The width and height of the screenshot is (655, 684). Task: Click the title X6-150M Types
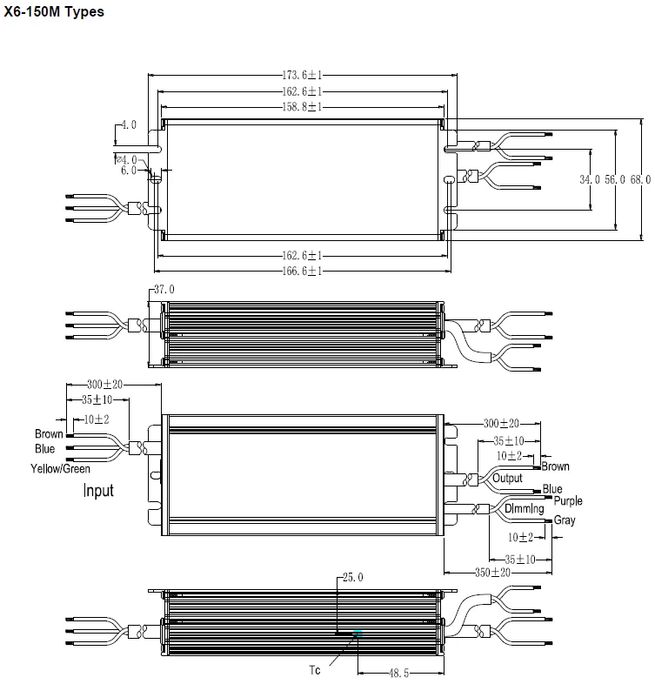(54, 12)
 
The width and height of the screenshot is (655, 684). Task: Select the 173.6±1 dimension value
(302, 77)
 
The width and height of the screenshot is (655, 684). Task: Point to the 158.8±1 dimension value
(302, 106)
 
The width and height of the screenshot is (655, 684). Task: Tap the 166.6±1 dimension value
(302, 271)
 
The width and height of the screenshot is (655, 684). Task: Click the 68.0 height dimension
(640, 179)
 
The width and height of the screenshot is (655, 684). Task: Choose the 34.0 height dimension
(590, 179)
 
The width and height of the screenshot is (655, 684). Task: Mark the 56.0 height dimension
(615, 179)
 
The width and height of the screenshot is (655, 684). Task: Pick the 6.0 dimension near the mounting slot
(129, 171)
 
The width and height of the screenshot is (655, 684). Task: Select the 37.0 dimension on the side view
(164, 289)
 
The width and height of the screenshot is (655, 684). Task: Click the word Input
(98, 491)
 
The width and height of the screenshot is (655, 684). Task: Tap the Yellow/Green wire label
(62, 469)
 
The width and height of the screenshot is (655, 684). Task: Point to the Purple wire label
(568, 501)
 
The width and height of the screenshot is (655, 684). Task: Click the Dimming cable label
(524, 508)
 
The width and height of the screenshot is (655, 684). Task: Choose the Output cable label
(507, 478)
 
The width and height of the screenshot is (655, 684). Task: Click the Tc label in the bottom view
(315, 670)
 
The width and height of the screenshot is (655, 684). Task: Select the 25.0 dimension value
(351, 577)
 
